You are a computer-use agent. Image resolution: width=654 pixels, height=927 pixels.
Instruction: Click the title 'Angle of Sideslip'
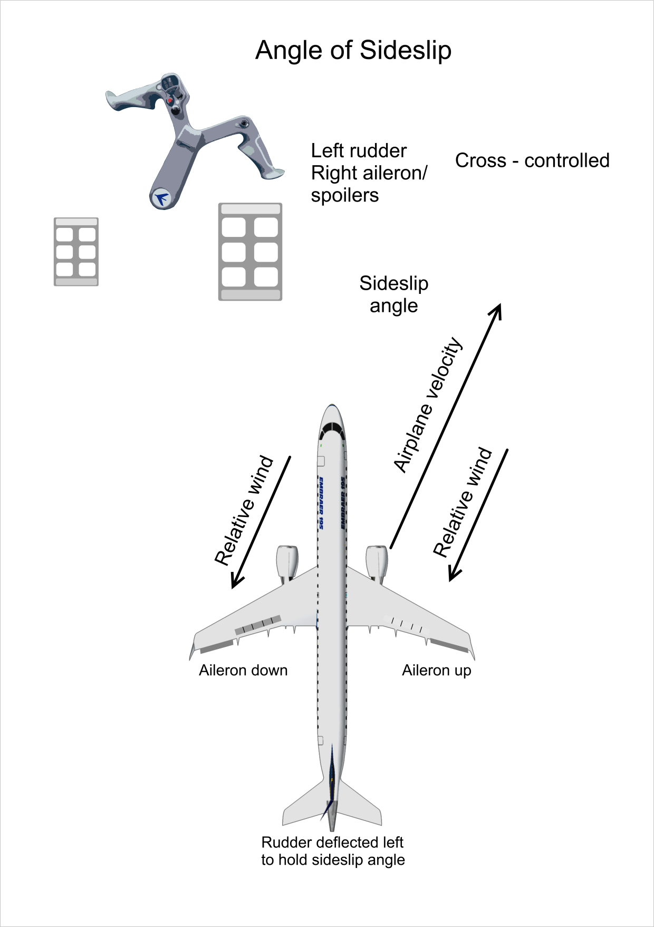click(x=353, y=51)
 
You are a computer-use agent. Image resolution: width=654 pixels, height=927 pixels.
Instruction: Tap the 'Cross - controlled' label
click(x=532, y=160)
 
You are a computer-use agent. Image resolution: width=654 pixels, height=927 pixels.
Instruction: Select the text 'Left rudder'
click(x=359, y=151)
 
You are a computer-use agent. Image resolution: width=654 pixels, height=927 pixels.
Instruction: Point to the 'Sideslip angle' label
click(x=393, y=294)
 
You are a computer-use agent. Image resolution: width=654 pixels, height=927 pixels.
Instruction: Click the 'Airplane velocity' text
click(x=428, y=405)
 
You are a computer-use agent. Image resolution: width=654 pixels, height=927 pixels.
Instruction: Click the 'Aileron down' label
click(x=243, y=670)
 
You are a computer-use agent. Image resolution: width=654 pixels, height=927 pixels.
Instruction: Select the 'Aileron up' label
click(x=436, y=670)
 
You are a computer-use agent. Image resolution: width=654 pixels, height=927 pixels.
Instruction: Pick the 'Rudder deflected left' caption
click(x=332, y=842)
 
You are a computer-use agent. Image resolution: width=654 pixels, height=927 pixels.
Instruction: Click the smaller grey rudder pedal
click(x=76, y=252)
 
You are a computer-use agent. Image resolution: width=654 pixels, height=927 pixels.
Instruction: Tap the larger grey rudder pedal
click(x=250, y=252)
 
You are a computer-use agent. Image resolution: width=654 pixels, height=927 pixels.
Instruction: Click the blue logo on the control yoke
click(x=161, y=198)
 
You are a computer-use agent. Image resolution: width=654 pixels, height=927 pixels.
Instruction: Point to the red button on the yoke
click(x=170, y=100)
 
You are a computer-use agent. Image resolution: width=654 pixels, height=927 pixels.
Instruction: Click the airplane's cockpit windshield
click(x=332, y=429)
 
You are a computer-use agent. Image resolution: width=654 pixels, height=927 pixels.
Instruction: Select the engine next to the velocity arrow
click(x=377, y=562)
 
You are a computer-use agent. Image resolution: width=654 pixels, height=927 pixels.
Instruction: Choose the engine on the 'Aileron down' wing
click(x=287, y=562)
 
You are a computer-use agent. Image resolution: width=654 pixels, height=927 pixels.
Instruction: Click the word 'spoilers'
click(x=345, y=196)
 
